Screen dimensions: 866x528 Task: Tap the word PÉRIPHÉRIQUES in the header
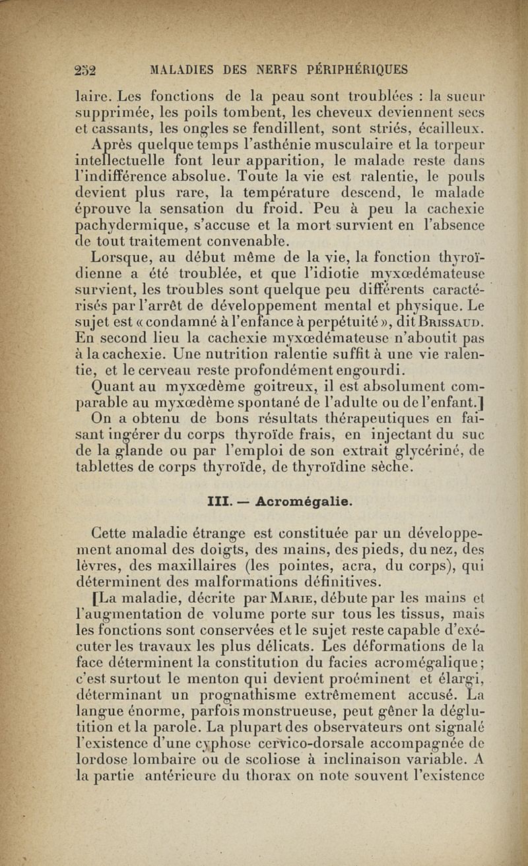[x=362, y=69]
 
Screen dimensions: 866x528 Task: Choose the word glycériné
[x=427, y=451]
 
